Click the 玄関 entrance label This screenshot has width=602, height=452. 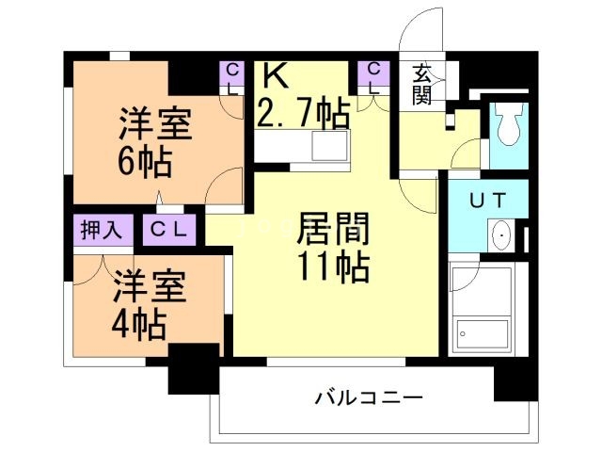coord(420,83)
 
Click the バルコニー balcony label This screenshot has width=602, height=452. coord(361,396)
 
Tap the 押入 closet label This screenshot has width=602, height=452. coord(98,229)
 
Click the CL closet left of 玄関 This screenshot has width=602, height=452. coord(373,76)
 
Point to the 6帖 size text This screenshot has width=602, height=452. coord(143,163)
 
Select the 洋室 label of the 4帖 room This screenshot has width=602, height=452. coord(150,284)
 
